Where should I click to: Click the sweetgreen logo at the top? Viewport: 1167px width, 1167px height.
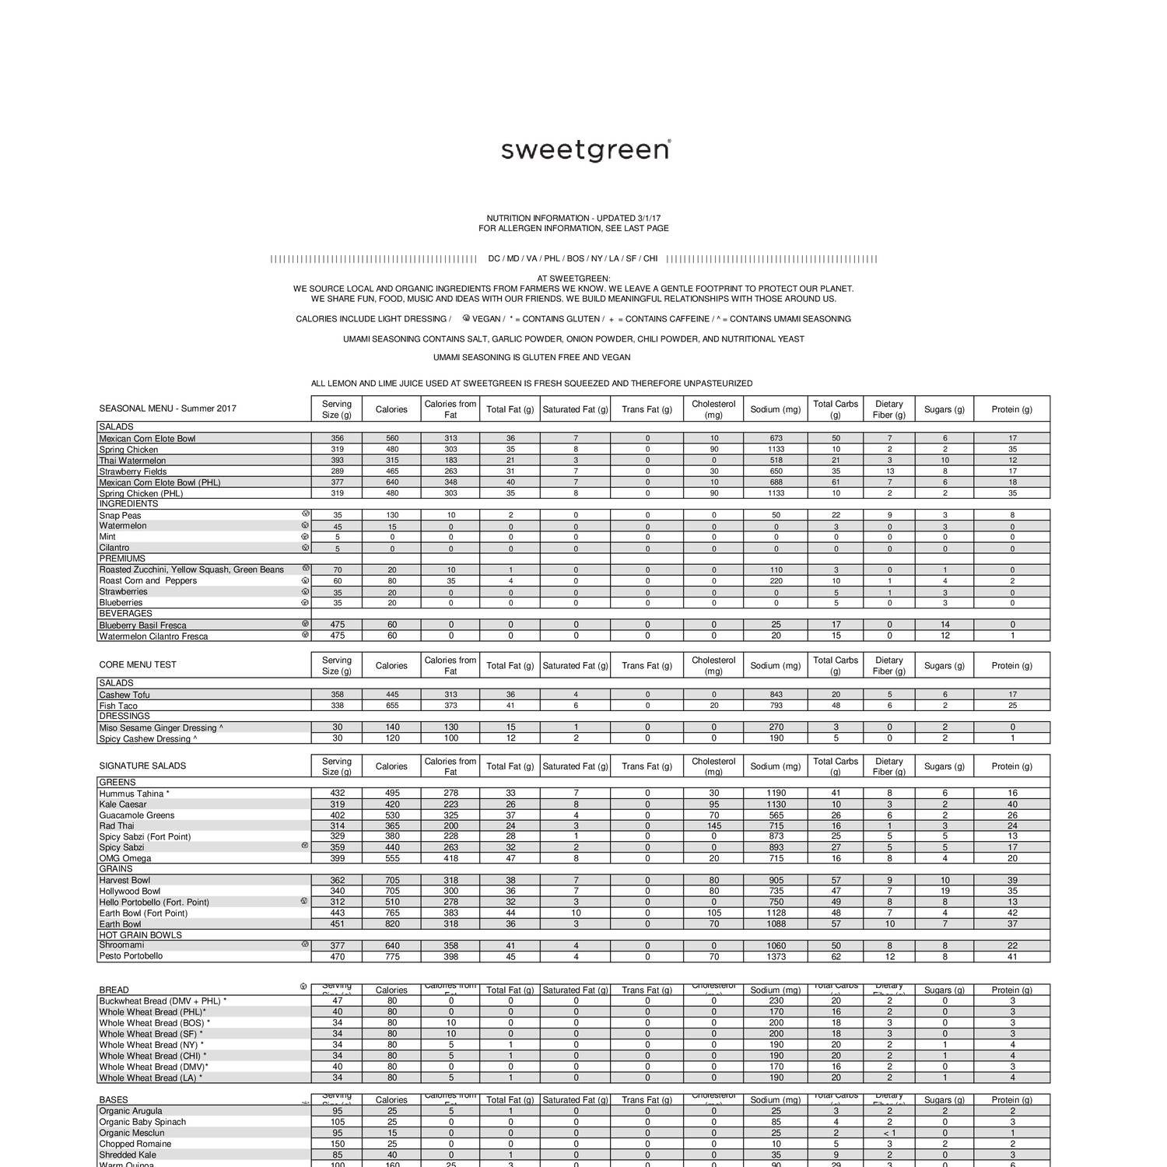(x=585, y=149)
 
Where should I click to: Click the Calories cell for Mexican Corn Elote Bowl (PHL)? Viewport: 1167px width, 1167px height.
(x=391, y=482)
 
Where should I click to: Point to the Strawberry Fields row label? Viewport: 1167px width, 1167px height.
(x=132, y=471)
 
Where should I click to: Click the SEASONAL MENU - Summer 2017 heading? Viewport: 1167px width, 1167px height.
(x=167, y=408)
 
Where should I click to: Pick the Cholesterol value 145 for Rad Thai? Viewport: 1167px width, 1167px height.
(x=713, y=826)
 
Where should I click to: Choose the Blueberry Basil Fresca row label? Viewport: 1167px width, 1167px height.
(x=142, y=625)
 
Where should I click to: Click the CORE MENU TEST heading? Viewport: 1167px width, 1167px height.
(x=138, y=665)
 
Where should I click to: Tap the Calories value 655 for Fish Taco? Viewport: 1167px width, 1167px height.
(x=391, y=706)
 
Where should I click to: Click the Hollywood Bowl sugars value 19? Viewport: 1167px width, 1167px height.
(x=944, y=892)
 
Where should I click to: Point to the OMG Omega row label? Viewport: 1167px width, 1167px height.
(x=125, y=859)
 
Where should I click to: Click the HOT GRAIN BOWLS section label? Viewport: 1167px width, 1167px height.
(x=140, y=935)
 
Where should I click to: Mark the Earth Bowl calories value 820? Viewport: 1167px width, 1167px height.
(x=391, y=924)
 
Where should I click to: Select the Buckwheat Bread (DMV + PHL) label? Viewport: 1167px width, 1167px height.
(x=163, y=1001)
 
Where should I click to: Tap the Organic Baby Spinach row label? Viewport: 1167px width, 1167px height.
(x=142, y=1122)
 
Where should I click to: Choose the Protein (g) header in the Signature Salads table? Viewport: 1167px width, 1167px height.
(x=1011, y=766)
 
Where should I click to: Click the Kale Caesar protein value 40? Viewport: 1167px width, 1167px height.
(x=1012, y=804)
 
